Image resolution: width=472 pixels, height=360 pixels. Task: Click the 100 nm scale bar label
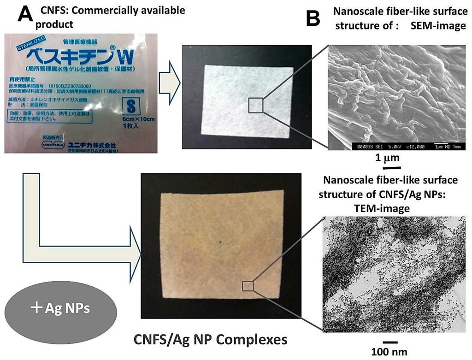[x=389, y=352]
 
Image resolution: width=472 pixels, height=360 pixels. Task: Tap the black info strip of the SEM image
[x=396, y=147]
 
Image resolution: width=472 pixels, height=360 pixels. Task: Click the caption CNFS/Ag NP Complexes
[x=210, y=340]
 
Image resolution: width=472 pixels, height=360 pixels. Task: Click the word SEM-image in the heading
[x=437, y=25]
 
